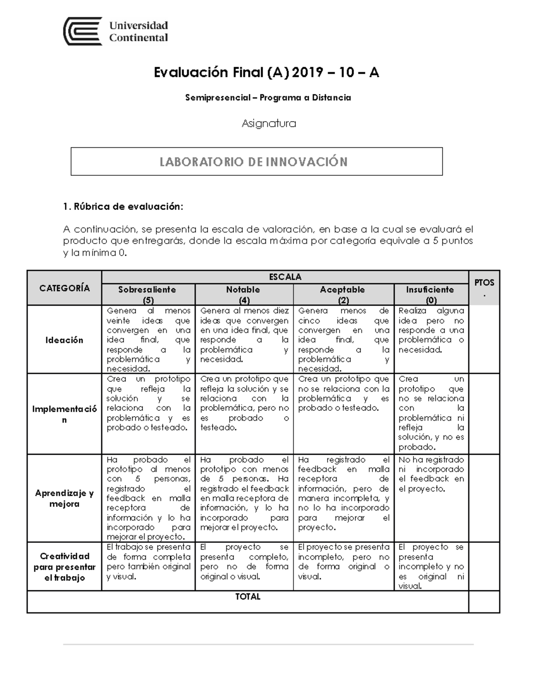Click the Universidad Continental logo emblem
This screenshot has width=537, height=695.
(83, 31)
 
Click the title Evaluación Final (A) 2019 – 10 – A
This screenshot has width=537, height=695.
(266, 72)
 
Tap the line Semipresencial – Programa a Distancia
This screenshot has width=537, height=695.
(268, 98)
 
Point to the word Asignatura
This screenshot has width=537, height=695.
(268, 124)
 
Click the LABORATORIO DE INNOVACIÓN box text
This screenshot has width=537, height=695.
(254, 162)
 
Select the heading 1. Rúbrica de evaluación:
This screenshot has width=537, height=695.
(123, 207)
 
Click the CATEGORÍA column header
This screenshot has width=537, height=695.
(64, 288)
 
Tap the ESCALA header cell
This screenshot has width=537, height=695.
(285, 277)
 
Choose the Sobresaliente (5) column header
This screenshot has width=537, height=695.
(147, 294)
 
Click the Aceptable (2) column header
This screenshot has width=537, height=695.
(342, 294)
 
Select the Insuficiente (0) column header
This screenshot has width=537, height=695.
(430, 294)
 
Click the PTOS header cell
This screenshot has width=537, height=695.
(484, 287)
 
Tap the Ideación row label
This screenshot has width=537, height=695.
(64, 340)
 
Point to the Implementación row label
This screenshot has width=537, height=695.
(64, 414)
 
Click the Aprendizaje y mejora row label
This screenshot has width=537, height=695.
(64, 498)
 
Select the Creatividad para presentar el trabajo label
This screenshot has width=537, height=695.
(64, 567)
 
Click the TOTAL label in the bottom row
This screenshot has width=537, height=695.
(247, 597)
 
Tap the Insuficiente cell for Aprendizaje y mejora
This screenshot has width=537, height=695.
(431, 474)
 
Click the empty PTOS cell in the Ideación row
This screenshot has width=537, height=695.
(484, 339)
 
